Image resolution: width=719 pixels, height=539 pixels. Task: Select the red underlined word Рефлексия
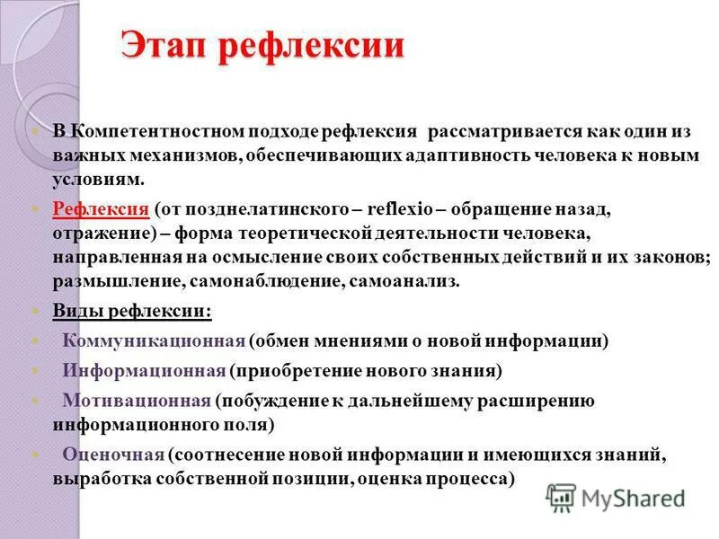coord(101,209)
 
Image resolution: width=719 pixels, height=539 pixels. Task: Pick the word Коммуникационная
coord(154,340)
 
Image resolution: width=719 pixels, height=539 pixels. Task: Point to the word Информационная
coord(143,370)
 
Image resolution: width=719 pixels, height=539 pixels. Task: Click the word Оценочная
coord(113,454)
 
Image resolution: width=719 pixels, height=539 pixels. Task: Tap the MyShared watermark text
coord(633,497)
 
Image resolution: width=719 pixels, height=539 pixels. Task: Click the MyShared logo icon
coord(562,497)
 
